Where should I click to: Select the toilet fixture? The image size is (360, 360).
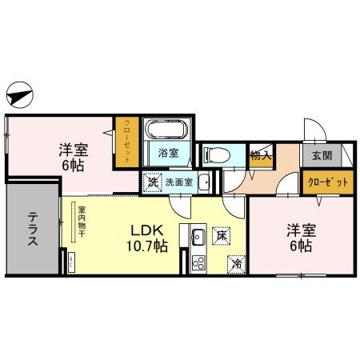click(x=216, y=154)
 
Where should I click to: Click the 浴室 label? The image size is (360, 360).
click(x=167, y=153)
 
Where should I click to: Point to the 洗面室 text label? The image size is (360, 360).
click(x=179, y=182)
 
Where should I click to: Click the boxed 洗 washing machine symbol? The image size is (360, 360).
click(x=152, y=182)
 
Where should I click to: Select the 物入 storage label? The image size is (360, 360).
click(x=259, y=155)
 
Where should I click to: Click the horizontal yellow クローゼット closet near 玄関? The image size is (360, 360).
click(x=328, y=182)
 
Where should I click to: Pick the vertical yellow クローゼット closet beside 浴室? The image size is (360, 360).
click(x=126, y=142)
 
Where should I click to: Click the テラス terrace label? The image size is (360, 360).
click(x=33, y=230)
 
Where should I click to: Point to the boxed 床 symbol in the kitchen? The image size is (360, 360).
click(x=222, y=236)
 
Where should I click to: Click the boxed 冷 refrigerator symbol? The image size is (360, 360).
click(x=237, y=261)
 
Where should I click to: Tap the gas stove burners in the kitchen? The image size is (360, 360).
click(x=198, y=262)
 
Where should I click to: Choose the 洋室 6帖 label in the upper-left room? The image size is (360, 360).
click(x=74, y=155)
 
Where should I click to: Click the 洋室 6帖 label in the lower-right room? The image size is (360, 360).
click(x=302, y=238)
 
